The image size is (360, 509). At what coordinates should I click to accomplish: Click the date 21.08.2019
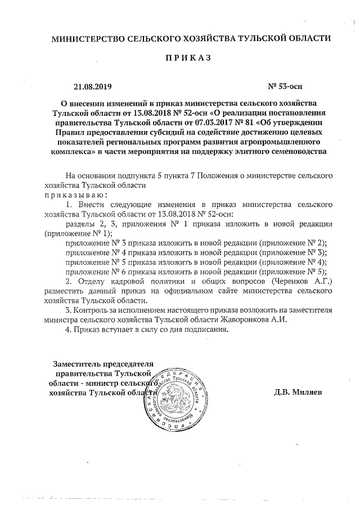pyautogui.click(x=93, y=87)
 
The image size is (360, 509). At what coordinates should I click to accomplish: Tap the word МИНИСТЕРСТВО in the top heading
pyautogui.click(x=86, y=39)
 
